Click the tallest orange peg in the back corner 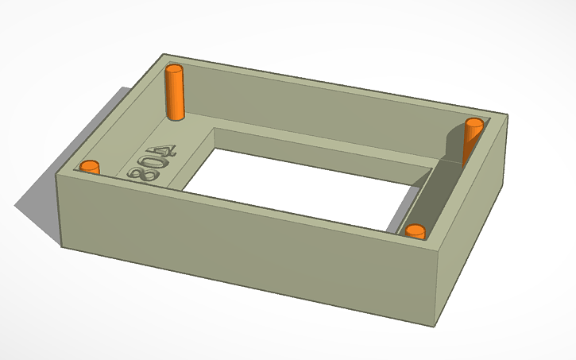tap(174, 94)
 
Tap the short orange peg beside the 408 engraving tap(90, 167)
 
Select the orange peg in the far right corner tap(472, 139)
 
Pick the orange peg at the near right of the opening tap(415, 231)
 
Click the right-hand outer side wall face tap(473, 238)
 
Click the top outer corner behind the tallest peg tap(164, 55)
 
